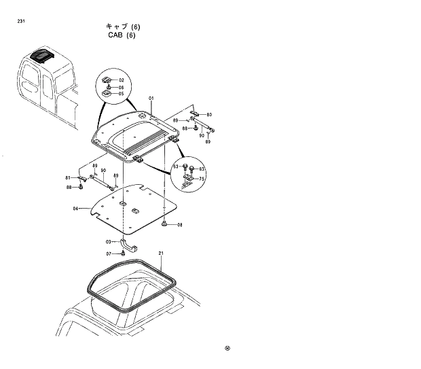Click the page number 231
click(x=22, y=21)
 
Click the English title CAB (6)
click(x=122, y=35)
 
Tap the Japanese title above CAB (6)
click(x=123, y=27)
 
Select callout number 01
click(x=152, y=99)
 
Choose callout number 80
click(x=209, y=115)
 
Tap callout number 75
click(x=202, y=179)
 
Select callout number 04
click(x=77, y=209)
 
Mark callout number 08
click(x=180, y=224)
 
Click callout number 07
click(x=108, y=253)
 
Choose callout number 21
click(x=161, y=253)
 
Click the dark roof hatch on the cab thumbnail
click(x=42, y=54)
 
